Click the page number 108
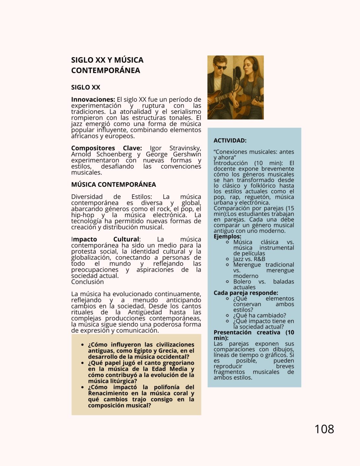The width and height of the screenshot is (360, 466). [x=324, y=429]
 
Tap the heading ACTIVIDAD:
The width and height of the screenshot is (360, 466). [x=230, y=140]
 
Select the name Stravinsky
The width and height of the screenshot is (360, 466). [x=185, y=148]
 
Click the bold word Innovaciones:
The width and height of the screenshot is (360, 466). [x=93, y=100]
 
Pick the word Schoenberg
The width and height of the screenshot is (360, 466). [x=114, y=154]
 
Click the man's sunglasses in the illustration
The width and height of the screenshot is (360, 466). [x=221, y=67]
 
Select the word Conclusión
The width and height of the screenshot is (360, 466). [x=87, y=282]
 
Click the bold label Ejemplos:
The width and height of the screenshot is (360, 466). [x=227, y=237]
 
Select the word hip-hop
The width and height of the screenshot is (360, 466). [x=83, y=215]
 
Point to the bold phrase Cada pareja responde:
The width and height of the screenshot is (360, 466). [x=246, y=293]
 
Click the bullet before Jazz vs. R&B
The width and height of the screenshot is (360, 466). [x=228, y=259]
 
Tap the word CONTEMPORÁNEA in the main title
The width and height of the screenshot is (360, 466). [x=106, y=71]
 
